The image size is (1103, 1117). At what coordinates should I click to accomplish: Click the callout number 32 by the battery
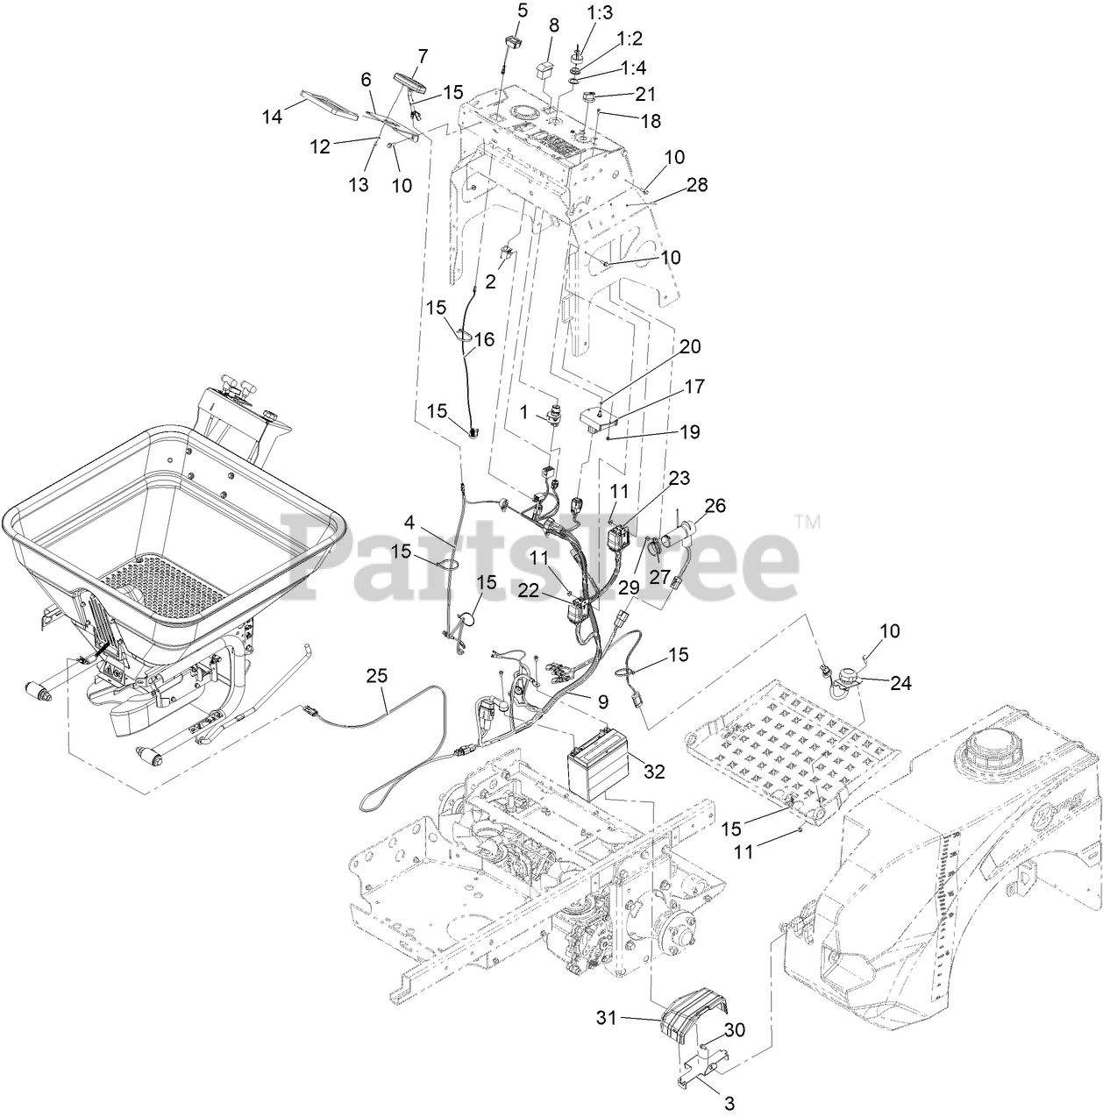tap(653, 771)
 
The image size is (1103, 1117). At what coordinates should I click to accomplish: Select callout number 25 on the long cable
tap(376, 676)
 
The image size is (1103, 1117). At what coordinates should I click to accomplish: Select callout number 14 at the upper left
tap(273, 115)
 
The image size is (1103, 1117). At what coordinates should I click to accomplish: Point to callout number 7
tap(423, 56)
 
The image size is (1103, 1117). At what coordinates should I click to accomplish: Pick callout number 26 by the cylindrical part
tap(715, 506)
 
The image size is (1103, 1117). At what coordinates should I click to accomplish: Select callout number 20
tap(690, 346)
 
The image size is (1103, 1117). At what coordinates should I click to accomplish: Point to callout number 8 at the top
tap(553, 25)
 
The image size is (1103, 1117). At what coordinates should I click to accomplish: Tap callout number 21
tap(644, 93)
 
